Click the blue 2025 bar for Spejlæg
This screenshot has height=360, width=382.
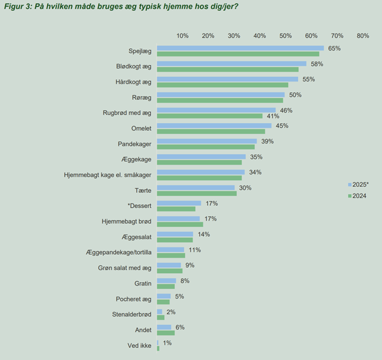[240, 48]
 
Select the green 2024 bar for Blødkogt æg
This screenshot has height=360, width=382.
[228, 70]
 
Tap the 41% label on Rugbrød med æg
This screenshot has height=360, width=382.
[273, 116]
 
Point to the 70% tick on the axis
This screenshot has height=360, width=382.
[337, 36]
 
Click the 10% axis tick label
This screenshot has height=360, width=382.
[182, 36]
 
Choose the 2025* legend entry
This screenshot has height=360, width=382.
[358, 184]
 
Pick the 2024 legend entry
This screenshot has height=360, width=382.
[357, 196]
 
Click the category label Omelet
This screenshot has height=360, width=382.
[141, 129]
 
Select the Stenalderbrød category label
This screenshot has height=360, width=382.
[131, 314]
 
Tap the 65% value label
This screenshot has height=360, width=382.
[334, 48]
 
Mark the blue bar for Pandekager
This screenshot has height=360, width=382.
[207, 141]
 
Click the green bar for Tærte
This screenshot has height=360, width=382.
[197, 193]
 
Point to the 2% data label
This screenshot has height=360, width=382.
[171, 312]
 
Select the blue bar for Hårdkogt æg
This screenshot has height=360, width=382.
[227, 79]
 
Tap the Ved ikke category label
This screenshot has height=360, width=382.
[139, 345]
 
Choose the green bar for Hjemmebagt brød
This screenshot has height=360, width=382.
[180, 224]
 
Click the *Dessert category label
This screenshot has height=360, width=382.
[140, 206]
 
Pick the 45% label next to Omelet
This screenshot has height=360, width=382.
[282, 126]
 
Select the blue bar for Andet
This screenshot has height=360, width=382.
[164, 327]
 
